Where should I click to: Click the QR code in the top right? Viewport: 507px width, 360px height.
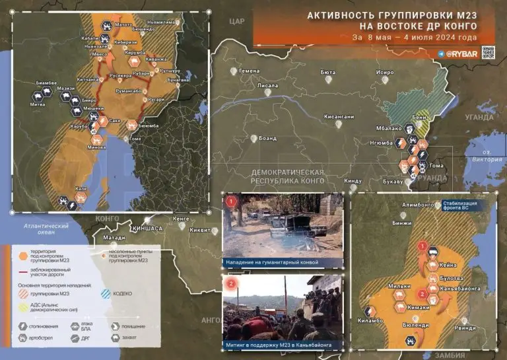pyautogui.click(x=488, y=53)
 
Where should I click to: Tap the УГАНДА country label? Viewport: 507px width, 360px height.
pyautogui.click(x=479, y=117)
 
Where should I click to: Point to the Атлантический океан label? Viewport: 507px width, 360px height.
pyautogui.click(x=46, y=229)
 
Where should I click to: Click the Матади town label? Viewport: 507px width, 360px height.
pyautogui.click(x=114, y=236)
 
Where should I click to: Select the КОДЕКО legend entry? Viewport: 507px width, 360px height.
pyautogui.click(x=122, y=293)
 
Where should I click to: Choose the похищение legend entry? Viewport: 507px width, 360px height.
pyautogui.click(x=135, y=326)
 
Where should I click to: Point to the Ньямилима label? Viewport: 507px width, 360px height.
pyautogui.click(x=162, y=22)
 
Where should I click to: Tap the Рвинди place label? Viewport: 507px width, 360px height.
pyautogui.click(x=464, y=328)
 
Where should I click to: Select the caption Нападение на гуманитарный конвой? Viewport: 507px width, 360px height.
pyautogui.click(x=281, y=263)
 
